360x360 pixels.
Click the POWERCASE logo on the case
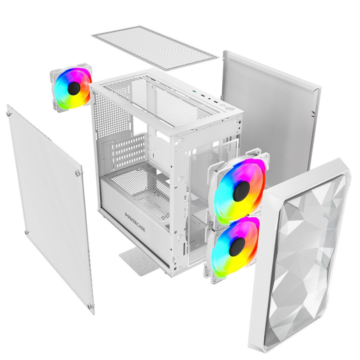pos(135,222)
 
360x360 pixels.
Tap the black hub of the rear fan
pos(74,89)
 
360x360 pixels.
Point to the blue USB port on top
pos(195,91)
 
